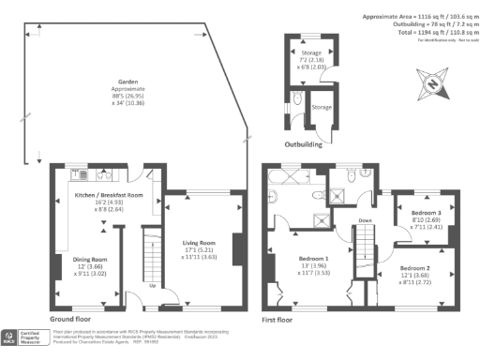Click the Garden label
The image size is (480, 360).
tap(122, 82)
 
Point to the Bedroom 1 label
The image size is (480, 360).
tap(313, 258)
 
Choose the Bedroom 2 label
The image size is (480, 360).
tap(417, 267)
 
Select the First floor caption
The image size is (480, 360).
tap(281, 318)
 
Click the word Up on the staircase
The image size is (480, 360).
tap(152, 287)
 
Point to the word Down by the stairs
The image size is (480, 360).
tap(366, 222)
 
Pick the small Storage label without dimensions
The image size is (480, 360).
tap(321, 108)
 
